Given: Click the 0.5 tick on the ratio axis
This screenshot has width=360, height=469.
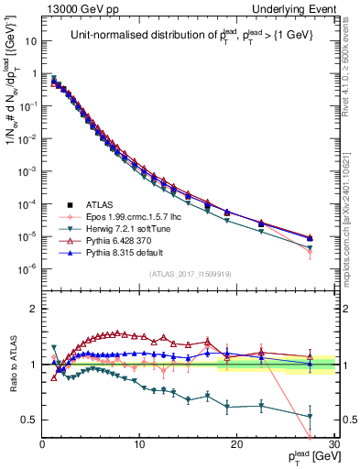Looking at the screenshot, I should click(28, 420).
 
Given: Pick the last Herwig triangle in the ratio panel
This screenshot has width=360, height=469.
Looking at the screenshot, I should click(310, 416).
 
